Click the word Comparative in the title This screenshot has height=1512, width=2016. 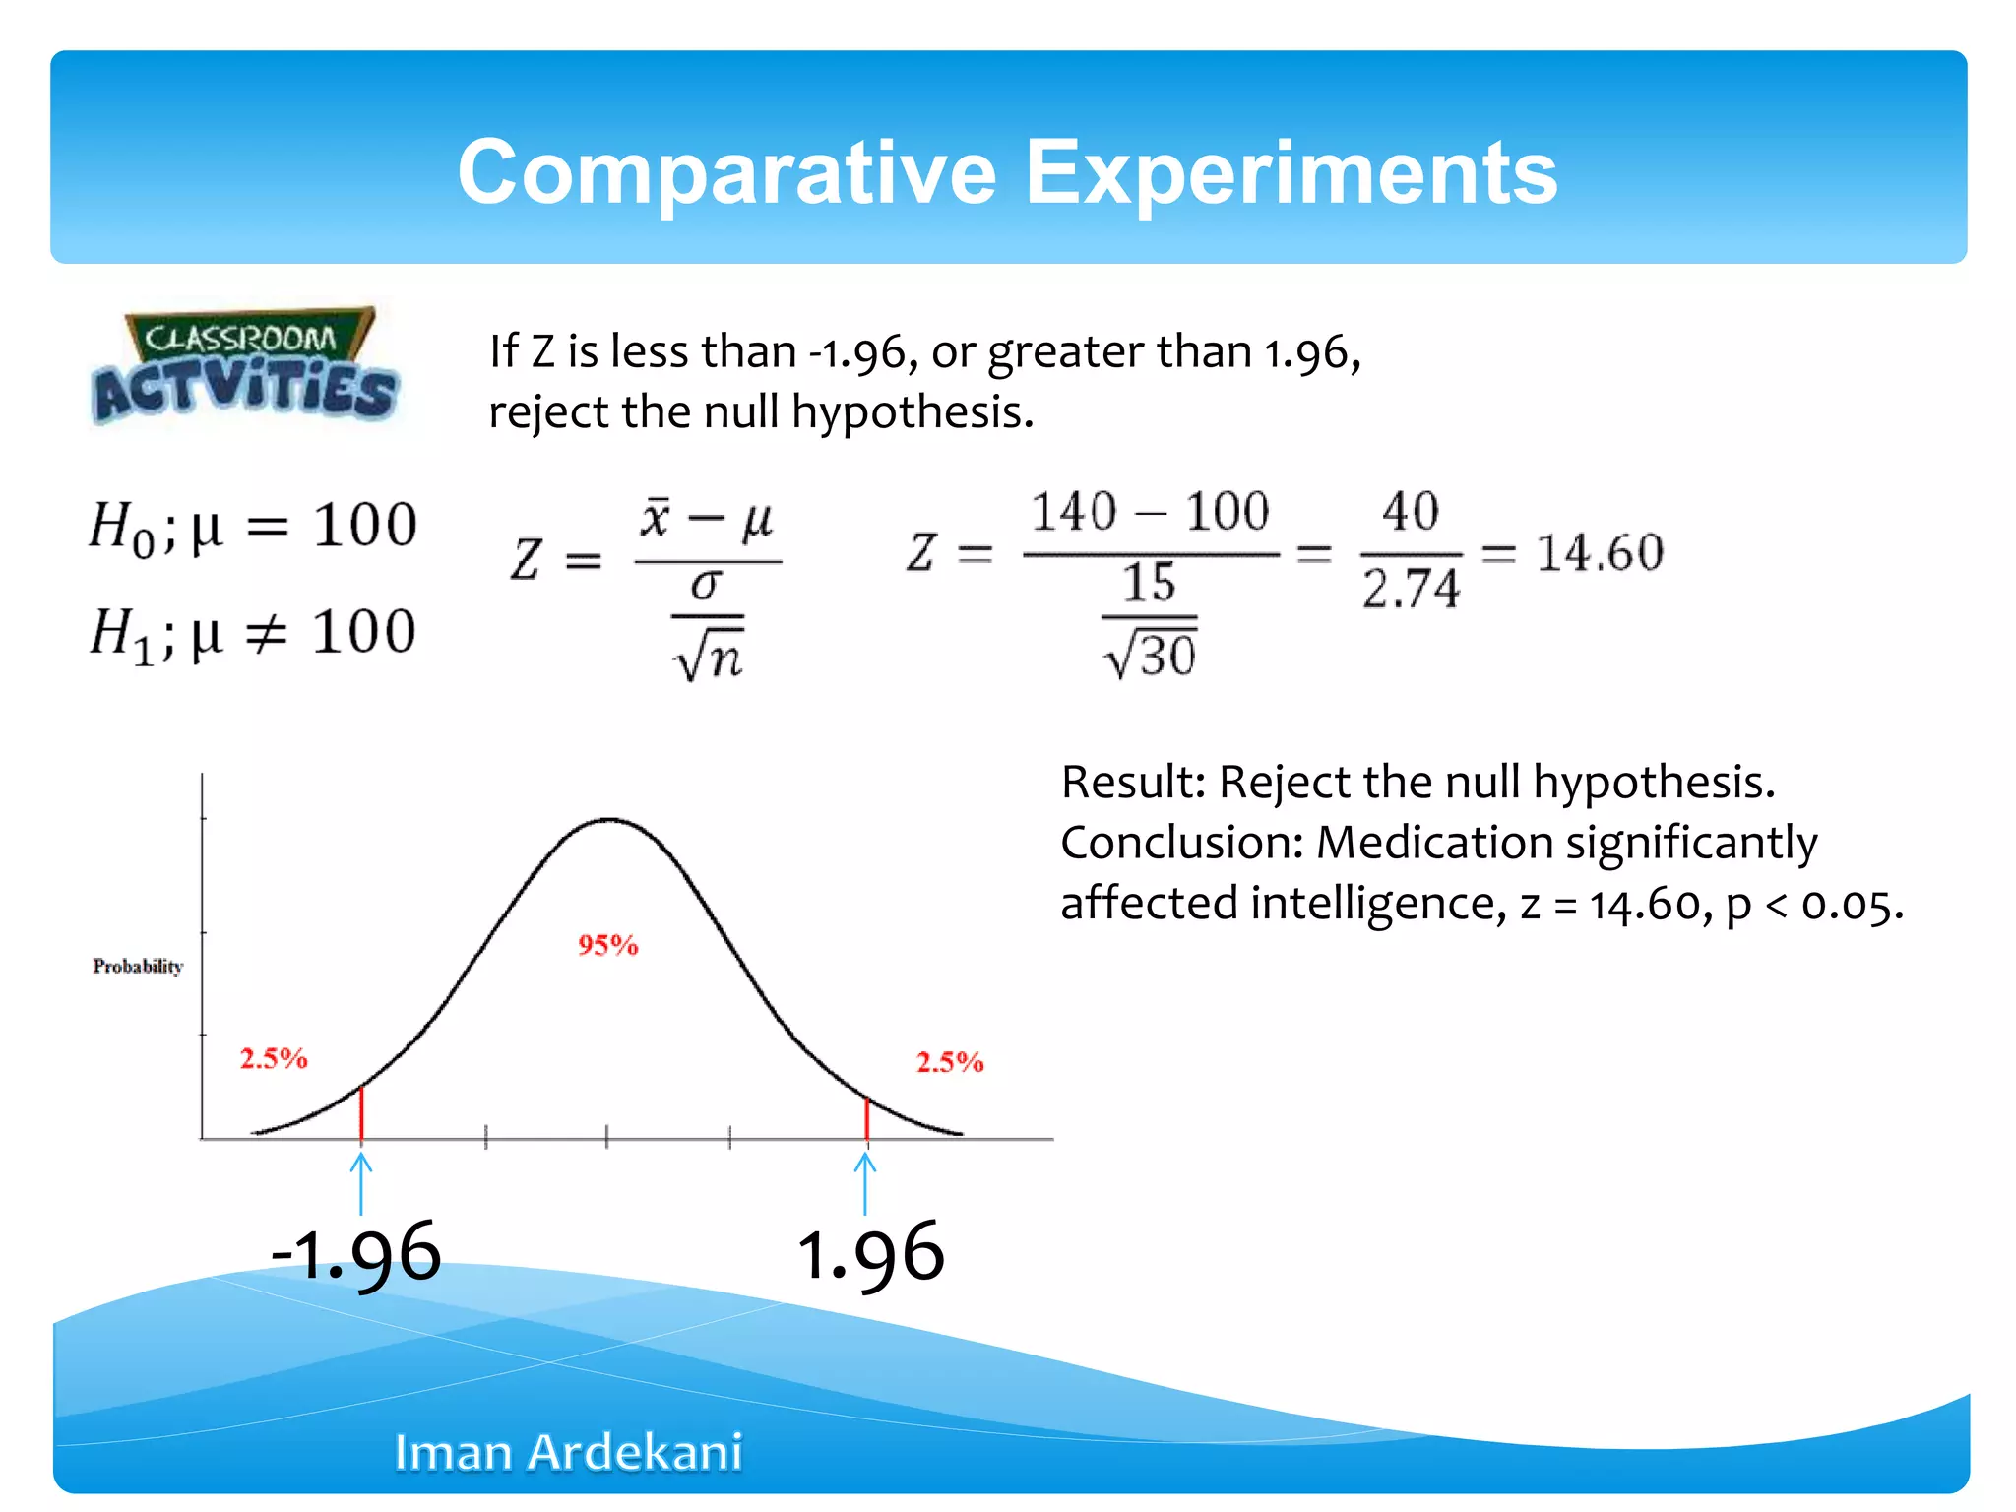(x=726, y=173)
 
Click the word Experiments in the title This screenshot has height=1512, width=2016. (x=1291, y=173)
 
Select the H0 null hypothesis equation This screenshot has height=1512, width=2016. (x=253, y=526)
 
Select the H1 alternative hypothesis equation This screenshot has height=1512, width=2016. (x=253, y=633)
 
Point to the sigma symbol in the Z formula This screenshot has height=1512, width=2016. (x=706, y=585)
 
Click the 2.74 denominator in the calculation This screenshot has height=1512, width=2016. (x=1410, y=589)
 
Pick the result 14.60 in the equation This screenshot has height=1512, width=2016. (x=1600, y=552)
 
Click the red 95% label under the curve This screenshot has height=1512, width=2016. (x=607, y=945)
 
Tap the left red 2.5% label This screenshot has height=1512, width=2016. (x=274, y=1058)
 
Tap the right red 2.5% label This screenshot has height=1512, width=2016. (x=949, y=1062)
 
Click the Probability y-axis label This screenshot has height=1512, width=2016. (x=138, y=966)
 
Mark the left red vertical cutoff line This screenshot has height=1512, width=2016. (x=361, y=1112)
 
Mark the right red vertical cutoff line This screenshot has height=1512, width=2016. (x=866, y=1119)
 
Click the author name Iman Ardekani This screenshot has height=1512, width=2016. (x=568, y=1452)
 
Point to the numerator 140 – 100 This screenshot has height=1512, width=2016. (x=1150, y=512)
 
